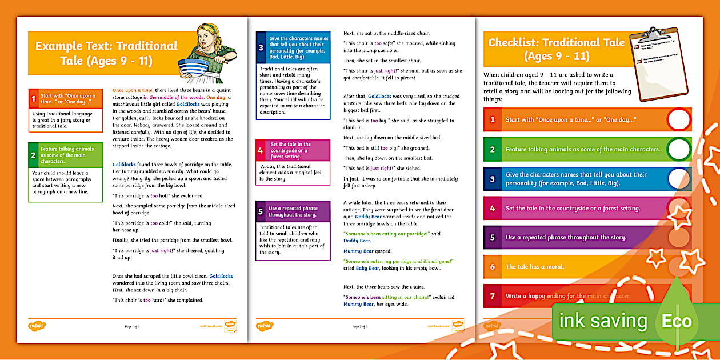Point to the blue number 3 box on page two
(261, 48)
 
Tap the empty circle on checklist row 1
(678, 119)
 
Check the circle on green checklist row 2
(678, 149)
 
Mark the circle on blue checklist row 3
(678, 178)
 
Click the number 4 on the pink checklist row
(492, 208)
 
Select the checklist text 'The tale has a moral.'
(535, 267)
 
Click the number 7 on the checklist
(492, 296)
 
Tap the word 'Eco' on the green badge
(677, 321)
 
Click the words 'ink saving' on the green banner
(603, 321)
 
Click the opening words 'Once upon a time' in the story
(133, 90)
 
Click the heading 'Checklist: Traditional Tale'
(556, 49)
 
